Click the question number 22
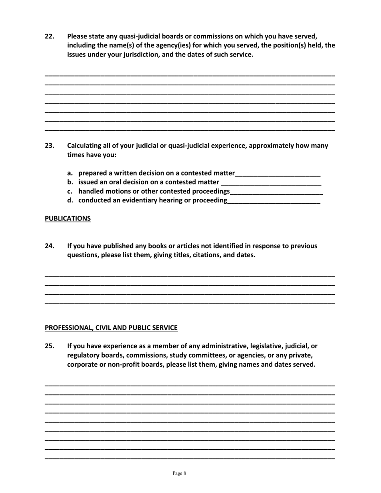tap(49, 36)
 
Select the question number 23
tap(49, 146)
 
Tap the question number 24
tap(49, 246)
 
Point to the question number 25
tap(49, 346)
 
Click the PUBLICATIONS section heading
tap(67, 218)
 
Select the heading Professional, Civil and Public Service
tap(111, 327)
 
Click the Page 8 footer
tap(179, 473)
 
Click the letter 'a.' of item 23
tap(70, 173)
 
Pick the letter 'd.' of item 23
tap(70, 200)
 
